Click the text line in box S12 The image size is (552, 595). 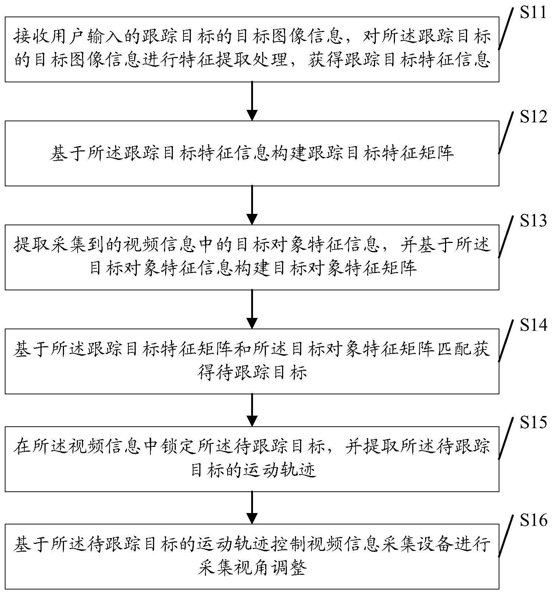point(252,153)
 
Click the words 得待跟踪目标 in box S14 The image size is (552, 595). point(252,373)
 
